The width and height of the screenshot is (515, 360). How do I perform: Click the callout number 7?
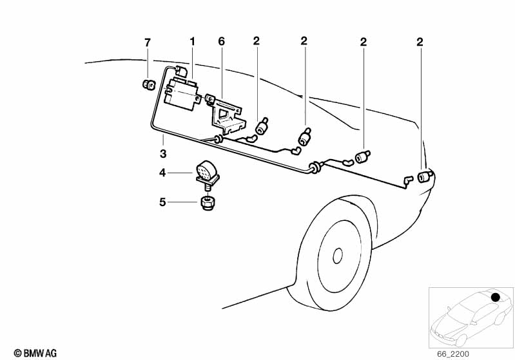point(147,43)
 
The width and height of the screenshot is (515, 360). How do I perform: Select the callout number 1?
point(191,43)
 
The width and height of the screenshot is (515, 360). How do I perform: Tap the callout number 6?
point(221,43)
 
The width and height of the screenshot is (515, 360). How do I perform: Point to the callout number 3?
point(163,153)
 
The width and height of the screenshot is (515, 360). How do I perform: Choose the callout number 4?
point(163,172)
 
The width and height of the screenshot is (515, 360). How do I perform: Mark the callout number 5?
point(163,202)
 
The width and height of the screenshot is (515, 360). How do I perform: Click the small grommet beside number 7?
point(148,84)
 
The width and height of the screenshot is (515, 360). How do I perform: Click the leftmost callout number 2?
point(256,43)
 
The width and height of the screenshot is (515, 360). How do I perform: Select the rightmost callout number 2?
point(420,43)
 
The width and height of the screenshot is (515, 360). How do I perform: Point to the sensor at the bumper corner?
point(425,176)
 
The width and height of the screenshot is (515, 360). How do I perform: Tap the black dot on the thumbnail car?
point(496,298)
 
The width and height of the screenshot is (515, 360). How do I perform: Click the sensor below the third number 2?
point(364,156)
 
